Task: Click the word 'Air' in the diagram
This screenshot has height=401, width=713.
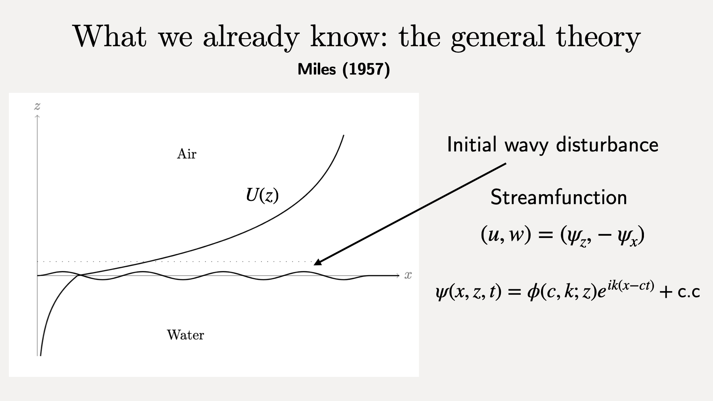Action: (186, 154)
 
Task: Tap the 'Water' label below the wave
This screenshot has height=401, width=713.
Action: (185, 335)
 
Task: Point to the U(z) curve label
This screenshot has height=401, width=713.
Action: (262, 195)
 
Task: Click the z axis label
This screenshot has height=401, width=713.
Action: (37, 107)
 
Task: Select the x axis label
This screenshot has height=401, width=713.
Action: (408, 275)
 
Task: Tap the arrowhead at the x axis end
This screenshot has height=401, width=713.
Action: (398, 276)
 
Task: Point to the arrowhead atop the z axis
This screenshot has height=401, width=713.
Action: (37, 117)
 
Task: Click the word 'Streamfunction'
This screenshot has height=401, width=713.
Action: (559, 197)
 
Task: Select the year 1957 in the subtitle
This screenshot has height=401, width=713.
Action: (366, 69)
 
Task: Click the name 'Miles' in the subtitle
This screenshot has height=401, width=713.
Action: (317, 69)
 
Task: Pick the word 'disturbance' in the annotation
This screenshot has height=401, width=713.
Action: (607, 144)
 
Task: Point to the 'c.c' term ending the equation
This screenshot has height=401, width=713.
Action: (689, 292)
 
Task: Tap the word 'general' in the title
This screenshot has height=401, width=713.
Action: (498, 37)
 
